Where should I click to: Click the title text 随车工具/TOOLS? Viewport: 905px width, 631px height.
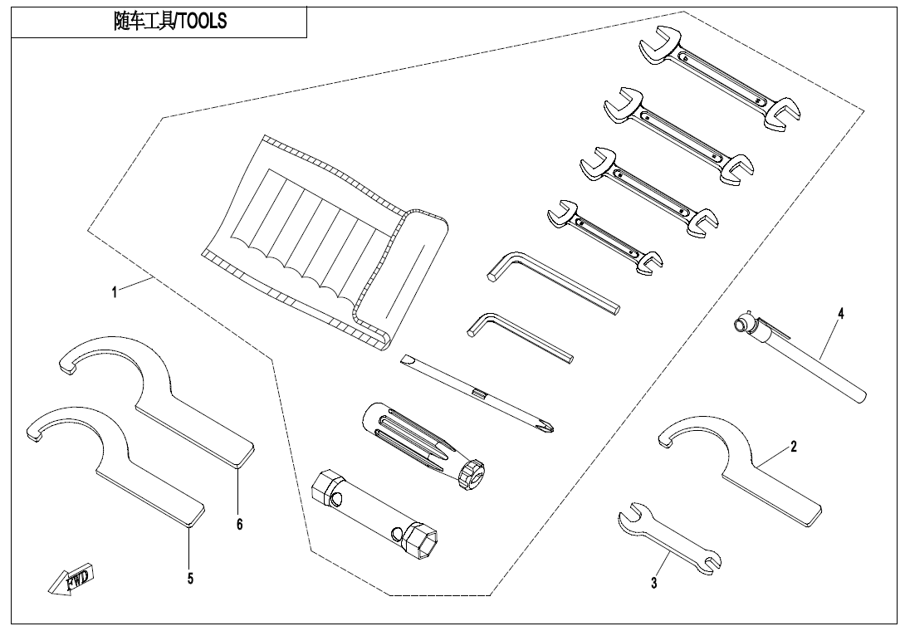pos(169,22)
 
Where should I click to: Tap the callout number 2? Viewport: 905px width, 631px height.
pos(794,447)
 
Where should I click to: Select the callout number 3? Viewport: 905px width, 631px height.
pos(654,584)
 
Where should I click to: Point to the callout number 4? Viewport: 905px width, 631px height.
pos(840,314)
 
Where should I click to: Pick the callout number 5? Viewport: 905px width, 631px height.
pos(190,579)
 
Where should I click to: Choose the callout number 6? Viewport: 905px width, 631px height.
pos(239,525)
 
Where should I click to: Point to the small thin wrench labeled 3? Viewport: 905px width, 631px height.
pos(669,539)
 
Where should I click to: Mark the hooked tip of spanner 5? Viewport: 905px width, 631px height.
pos(33,432)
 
